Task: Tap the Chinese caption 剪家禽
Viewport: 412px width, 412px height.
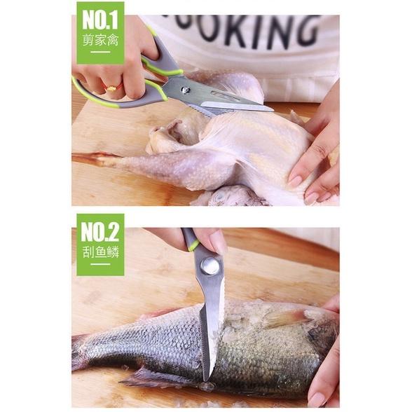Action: [99, 39]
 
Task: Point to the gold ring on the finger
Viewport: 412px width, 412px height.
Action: [111, 88]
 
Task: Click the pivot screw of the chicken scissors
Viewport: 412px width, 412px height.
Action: [185, 90]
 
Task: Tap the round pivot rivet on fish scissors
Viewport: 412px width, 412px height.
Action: [209, 265]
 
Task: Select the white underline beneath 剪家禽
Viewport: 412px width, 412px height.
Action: [99, 53]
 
